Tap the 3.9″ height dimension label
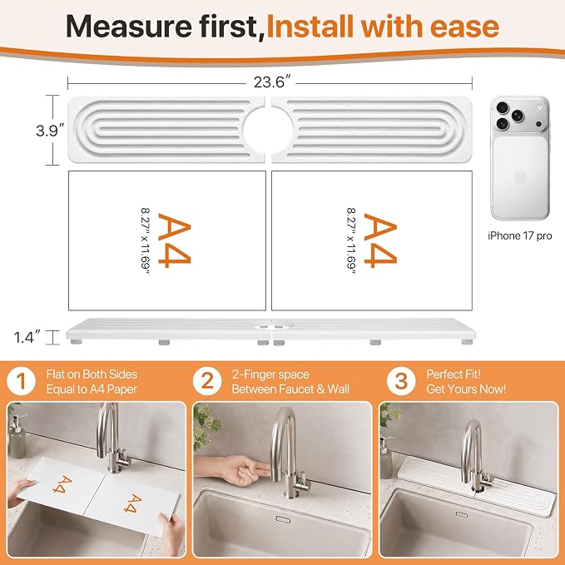pos(51,130)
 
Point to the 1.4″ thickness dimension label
pos(27,338)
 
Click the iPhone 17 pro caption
pos(519,235)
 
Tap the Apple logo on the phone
pos(520,176)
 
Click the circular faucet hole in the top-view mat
pos(268,129)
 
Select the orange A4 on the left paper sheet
pos(175,240)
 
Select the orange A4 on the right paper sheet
pos(380,240)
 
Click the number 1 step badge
pos(22,382)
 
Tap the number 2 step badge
pos(207,382)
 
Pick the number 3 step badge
pos(401,382)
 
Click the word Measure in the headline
pos(129,27)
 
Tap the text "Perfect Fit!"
pos(453,374)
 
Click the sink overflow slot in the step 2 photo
pos(283,519)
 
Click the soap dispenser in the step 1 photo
pos(17,436)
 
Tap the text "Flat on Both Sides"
pos(92,374)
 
